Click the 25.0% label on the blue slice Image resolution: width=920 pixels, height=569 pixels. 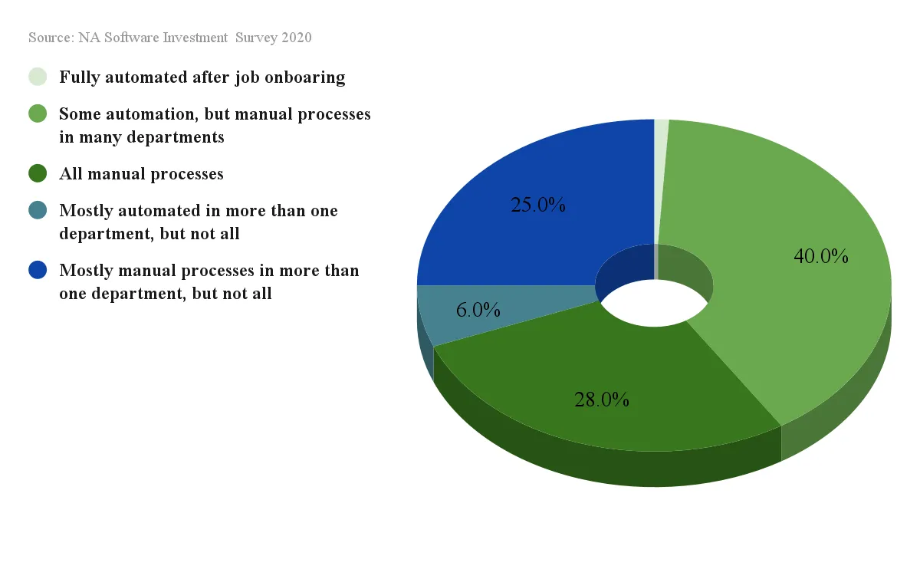(537, 205)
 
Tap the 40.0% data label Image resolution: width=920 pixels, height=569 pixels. (821, 256)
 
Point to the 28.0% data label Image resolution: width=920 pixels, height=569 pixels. (601, 400)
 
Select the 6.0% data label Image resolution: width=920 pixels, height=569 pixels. (478, 310)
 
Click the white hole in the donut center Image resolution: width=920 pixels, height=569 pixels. (654, 303)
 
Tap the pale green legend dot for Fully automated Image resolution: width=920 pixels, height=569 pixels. (38, 77)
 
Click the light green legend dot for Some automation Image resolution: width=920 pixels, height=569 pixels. (38, 113)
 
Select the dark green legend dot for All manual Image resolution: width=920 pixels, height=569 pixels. (38, 173)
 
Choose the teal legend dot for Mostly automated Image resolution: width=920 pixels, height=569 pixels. (38, 210)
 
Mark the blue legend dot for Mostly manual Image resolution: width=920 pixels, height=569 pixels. (38, 270)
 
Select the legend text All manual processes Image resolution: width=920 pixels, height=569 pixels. (141, 174)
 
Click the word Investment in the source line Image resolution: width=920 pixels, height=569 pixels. (195, 38)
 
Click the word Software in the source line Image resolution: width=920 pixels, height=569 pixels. (131, 38)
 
